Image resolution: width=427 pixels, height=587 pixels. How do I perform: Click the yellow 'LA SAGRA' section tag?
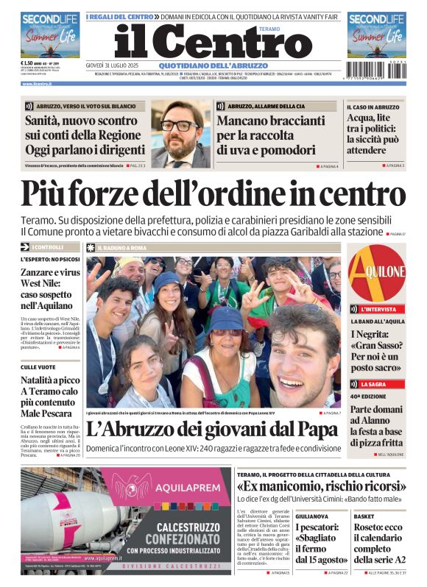tap(373, 384)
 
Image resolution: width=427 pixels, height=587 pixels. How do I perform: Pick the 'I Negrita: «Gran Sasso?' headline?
tap(375, 351)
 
